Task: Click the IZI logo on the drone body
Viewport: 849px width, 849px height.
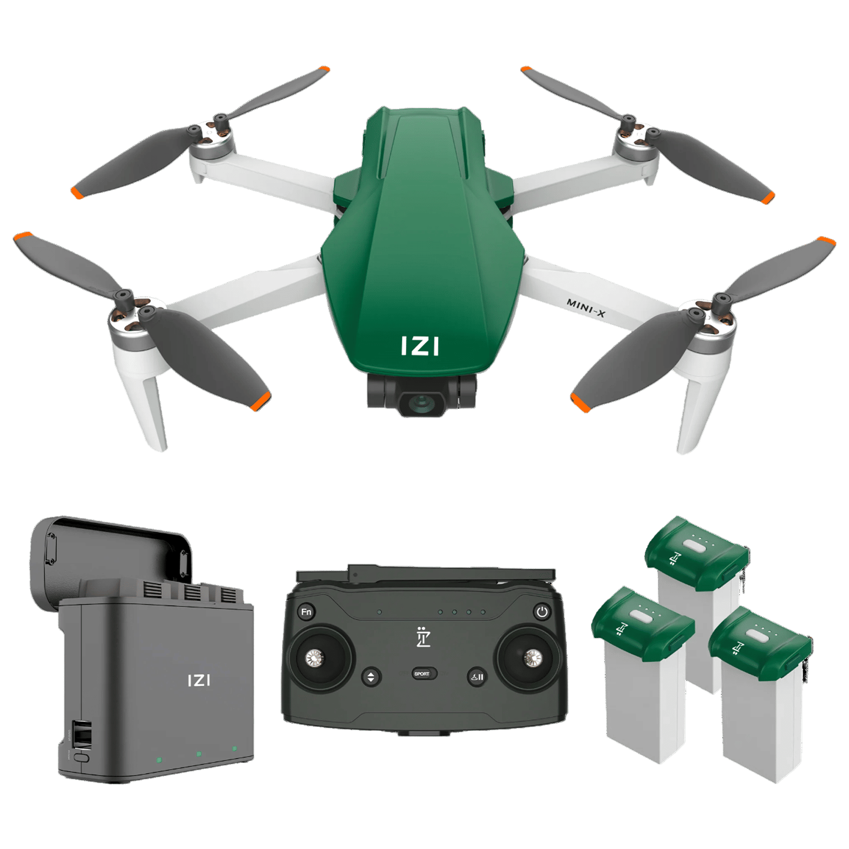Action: [x=419, y=346]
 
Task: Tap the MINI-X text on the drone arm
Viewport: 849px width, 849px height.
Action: [x=586, y=308]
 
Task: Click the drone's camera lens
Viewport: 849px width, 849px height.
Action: [x=421, y=404]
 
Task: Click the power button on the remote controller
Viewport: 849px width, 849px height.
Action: [x=541, y=612]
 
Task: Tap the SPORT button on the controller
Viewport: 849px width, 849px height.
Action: [x=422, y=674]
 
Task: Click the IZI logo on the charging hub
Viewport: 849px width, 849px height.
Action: [x=198, y=680]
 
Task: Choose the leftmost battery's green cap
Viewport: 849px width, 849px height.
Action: [x=642, y=623]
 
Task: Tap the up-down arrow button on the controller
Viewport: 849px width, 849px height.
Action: [x=370, y=677]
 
